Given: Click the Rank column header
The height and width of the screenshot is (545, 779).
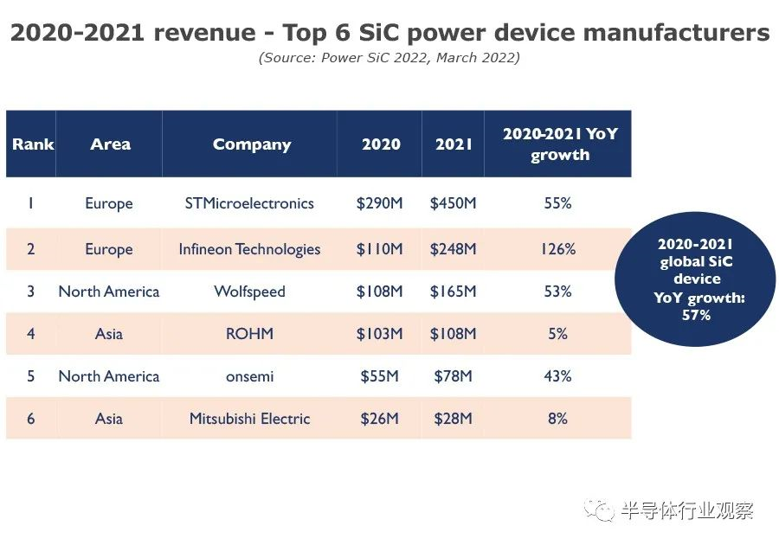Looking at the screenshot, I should pos(33,144).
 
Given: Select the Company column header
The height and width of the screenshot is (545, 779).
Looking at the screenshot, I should pos(252,144).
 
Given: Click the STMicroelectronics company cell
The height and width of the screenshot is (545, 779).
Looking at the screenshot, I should pos(249,204).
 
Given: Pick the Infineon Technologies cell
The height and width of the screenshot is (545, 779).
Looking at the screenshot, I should pos(249,249).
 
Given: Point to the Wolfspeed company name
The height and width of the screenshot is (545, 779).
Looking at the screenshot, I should pos(249,292).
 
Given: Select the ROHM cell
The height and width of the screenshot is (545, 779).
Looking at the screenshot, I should pos(249,333).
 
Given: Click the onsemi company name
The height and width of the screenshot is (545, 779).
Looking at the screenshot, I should pos(249,376).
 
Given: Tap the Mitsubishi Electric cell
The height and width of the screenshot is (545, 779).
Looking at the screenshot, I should pos(249,419).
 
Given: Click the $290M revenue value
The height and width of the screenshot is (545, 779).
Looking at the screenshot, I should pos(379,204).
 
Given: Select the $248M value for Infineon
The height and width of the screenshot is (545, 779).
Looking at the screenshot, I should pos(453,249).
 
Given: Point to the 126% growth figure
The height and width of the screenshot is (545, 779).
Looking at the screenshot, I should pos(558,249).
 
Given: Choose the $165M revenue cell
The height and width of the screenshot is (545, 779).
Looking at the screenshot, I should pos(453,292).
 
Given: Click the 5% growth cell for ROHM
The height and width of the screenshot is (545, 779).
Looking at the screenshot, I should pos(558,333).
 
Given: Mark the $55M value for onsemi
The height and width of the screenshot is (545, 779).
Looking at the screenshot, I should pos(379,376).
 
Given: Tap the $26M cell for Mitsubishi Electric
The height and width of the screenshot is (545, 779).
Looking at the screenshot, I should pos(379,419).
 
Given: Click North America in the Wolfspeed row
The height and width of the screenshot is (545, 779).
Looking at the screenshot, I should pos(109,292).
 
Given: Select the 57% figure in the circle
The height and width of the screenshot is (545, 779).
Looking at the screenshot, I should pos(696,315).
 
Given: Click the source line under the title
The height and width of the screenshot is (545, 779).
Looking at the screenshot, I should pos(389,58).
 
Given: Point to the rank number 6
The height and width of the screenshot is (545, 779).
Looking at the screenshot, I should pos(31,419).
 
